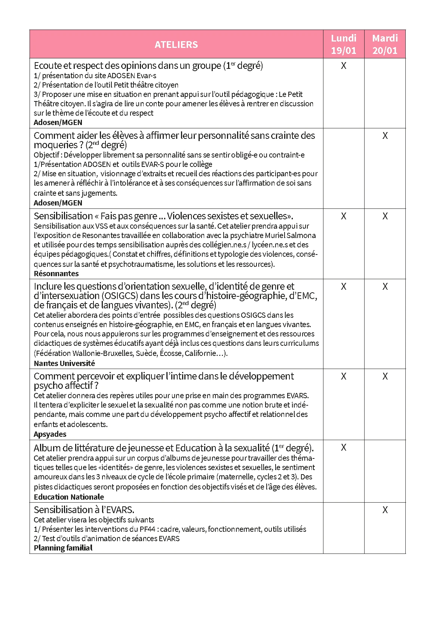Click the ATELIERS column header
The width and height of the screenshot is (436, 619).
(x=176, y=45)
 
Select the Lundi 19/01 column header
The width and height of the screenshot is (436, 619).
(x=344, y=44)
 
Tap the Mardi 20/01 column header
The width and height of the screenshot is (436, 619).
(x=385, y=44)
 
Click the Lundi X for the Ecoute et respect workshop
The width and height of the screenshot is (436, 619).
(x=344, y=66)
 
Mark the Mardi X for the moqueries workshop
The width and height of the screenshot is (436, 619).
(x=385, y=136)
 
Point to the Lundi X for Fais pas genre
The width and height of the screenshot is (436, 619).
(x=344, y=216)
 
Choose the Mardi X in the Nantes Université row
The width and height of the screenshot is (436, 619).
(x=385, y=287)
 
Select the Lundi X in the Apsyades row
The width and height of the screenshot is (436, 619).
(x=344, y=376)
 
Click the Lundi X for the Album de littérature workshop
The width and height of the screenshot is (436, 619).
(x=344, y=448)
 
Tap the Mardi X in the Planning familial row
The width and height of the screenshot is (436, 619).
(x=385, y=510)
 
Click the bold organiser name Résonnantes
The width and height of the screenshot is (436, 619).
(x=56, y=274)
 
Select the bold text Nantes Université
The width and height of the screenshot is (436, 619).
(x=64, y=363)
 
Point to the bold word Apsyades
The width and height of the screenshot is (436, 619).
(x=50, y=434)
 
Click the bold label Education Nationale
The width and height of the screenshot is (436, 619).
(x=69, y=497)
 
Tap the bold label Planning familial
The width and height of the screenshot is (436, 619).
(x=63, y=548)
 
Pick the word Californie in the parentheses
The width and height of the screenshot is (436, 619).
(x=202, y=353)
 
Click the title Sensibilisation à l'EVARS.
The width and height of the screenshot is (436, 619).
(x=84, y=510)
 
